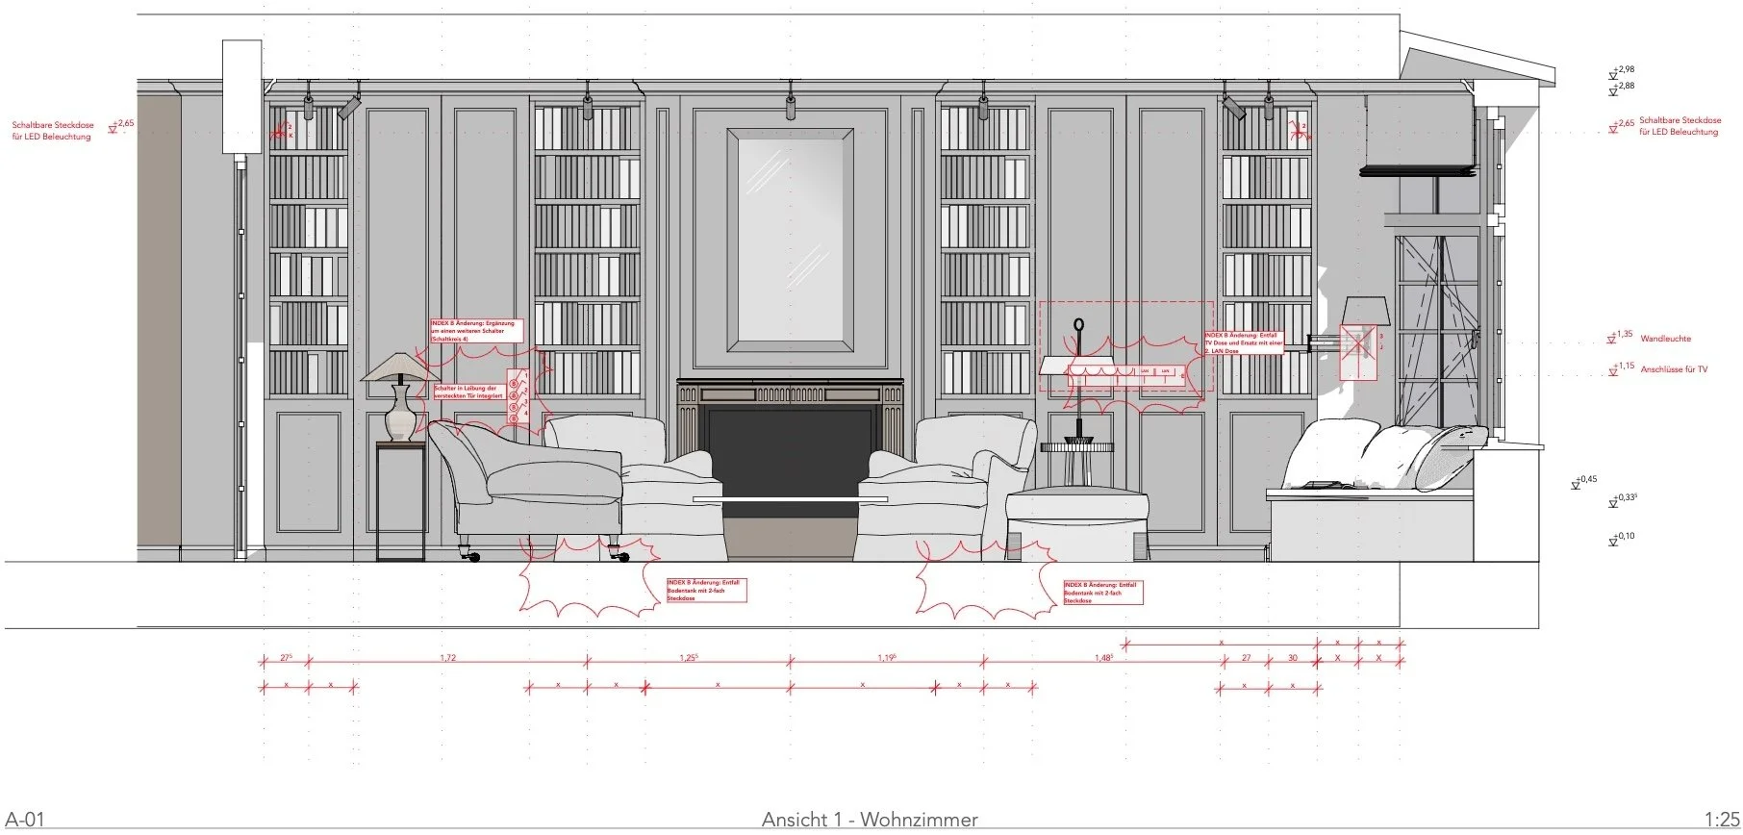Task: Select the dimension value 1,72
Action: click(446, 658)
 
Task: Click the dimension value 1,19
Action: click(887, 658)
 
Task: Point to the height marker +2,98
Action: click(1625, 70)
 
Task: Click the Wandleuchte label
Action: click(1665, 339)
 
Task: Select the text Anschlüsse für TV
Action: click(1674, 369)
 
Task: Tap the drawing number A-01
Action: click(24, 820)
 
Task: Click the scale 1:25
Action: click(1721, 820)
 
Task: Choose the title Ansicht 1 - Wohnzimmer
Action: click(870, 820)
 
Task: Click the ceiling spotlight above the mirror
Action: click(791, 104)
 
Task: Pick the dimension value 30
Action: click(1293, 658)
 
